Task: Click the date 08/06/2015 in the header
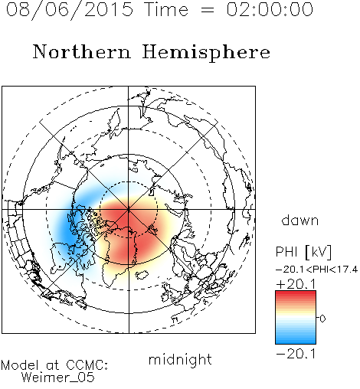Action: (70, 10)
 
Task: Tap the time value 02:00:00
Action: (270, 9)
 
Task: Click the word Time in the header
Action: (166, 9)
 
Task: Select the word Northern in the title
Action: (82, 51)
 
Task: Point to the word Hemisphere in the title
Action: (206, 53)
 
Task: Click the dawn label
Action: (299, 220)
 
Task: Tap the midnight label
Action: (180, 359)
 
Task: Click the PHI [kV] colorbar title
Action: (303, 252)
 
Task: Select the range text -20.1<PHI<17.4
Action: (316, 270)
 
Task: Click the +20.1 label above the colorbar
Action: (296, 284)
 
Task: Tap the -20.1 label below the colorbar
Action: (296, 354)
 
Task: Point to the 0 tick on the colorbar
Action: (322, 319)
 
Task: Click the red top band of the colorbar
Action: (296, 296)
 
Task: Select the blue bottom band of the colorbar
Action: (296, 338)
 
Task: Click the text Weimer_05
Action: (58, 378)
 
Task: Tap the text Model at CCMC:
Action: (54, 365)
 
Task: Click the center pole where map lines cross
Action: (129, 209)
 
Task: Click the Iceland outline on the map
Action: (142, 275)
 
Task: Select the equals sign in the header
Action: (208, 10)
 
